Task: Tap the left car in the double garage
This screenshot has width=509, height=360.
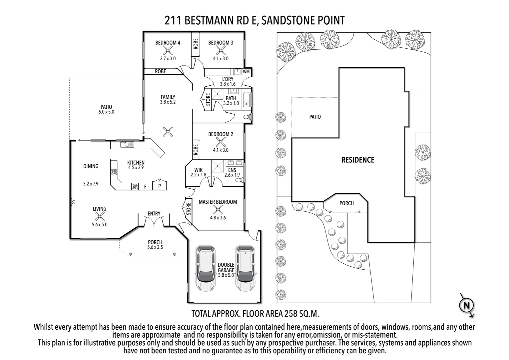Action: click(206, 268)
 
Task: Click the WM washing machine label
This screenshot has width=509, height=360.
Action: click(246, 72)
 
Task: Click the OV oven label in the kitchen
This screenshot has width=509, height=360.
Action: click(135, 187)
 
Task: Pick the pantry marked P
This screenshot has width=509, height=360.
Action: click(160, 186)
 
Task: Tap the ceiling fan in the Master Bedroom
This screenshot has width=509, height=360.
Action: click(218, 210)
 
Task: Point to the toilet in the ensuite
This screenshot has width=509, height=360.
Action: click(239, 180)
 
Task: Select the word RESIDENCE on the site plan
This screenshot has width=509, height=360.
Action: click(358, 160)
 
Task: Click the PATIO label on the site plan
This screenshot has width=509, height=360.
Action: click(315, 117)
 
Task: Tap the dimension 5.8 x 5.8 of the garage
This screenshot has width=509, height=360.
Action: click(226, 275)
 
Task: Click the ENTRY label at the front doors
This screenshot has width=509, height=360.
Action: click(154, 213)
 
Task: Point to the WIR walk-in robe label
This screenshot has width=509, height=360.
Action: click(199, 170)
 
